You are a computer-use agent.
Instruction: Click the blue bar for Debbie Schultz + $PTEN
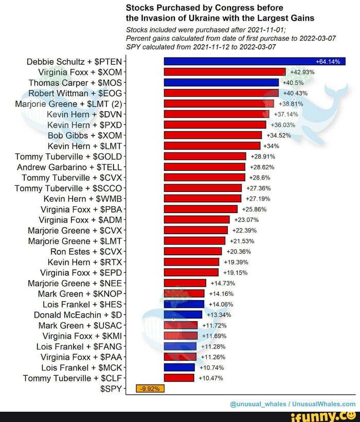(x=254, y=61)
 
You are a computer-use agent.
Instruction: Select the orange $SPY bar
(x=150, y=389)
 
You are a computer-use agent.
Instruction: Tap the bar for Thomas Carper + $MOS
(x=221, y=82)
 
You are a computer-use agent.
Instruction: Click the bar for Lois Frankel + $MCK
(x=179, y=367)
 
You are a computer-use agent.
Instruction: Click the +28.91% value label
(x=262, y=156)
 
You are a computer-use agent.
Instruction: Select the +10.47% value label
(x=210, y=378)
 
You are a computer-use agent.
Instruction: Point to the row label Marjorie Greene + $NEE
(x=75, y=283)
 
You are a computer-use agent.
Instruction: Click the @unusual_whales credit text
(x=255, y=404)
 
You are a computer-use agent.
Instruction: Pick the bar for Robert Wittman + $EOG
(x=221, y=93)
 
